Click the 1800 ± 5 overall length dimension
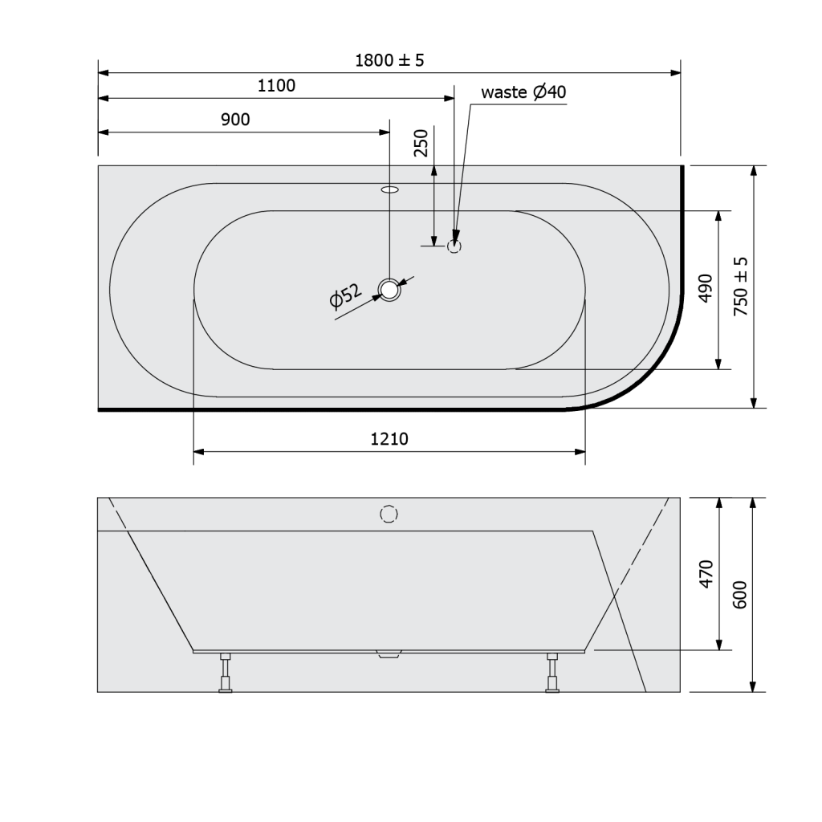pyautogui.click(x=389, y=60)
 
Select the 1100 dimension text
pyautogui.click(x=276, y=86)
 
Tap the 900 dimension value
pyautogui.click(x=235, y=120)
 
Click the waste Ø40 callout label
pyautogui.click(x=523, y=92)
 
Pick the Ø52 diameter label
pyautogui.click(x=345, y=296)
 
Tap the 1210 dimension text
pyautogui.click(x=389, y=439)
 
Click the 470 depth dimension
pyautogui.click(x=705, y=575)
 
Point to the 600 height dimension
pyautogui.click(x=740, y=594)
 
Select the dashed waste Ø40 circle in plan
pyautogui.click(x=454, y=246)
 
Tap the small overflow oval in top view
pyautogui.click(x=389, y=190)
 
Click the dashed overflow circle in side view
pyautogui.click(x=389, y=514)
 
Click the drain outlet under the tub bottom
pyautogui.click(x=389, y=654)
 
